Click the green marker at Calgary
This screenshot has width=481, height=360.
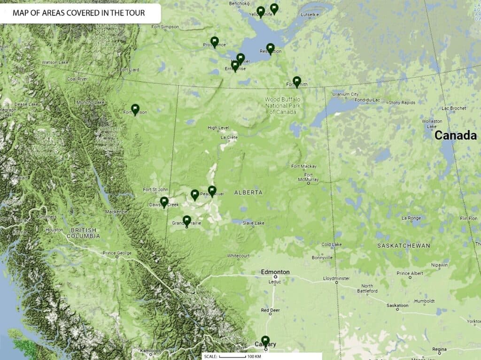pos(265,341)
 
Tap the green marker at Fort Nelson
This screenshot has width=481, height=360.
pos(135,109)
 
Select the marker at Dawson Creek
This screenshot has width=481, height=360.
pos(164,202)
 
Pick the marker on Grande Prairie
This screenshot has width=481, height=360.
pos(187,221)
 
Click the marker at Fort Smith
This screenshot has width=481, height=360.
pos(297,82)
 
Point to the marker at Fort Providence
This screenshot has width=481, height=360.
pos(215,42)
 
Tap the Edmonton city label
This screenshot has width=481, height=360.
pos(275,272)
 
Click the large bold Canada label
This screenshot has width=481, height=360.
pos(455,136)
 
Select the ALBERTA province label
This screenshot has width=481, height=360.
pos(248,193)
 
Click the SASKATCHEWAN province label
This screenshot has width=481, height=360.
pos(404,245)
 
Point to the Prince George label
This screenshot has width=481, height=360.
pos(116,254)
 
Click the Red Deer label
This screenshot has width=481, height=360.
pos(270,310)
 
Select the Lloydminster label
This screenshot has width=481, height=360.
pos(337,278)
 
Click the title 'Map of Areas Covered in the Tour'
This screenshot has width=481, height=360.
pos(78,13)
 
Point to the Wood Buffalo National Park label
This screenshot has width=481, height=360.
pos(281,106)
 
